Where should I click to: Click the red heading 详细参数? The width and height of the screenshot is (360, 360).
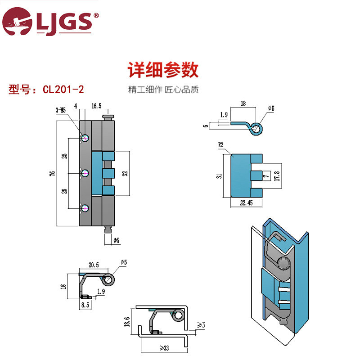click(163, 70)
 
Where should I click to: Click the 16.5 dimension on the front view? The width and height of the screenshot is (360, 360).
click(96, 107)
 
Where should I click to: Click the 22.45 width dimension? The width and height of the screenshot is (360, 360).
click(247, 203)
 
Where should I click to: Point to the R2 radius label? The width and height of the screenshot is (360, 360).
click(221, 145)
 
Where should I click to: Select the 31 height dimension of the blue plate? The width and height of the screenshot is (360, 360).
click(219, 175)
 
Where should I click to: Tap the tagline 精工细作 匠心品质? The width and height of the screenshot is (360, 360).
click(163, 89)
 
